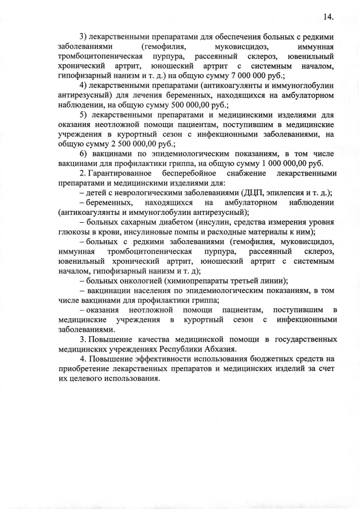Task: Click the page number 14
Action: point(329,16)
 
